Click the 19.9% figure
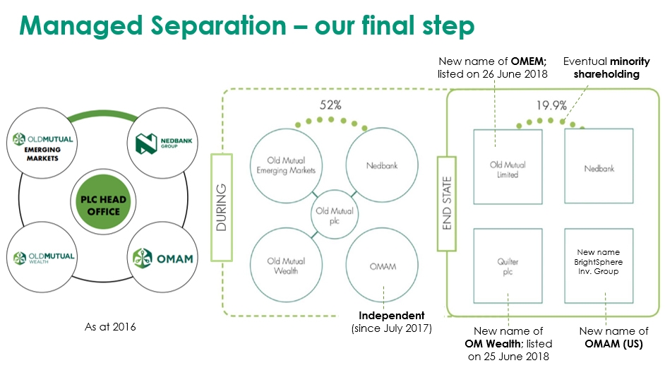click(551, 105)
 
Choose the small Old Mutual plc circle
click(335, 215)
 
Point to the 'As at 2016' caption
click(110, 326)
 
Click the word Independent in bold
click(392, 315)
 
